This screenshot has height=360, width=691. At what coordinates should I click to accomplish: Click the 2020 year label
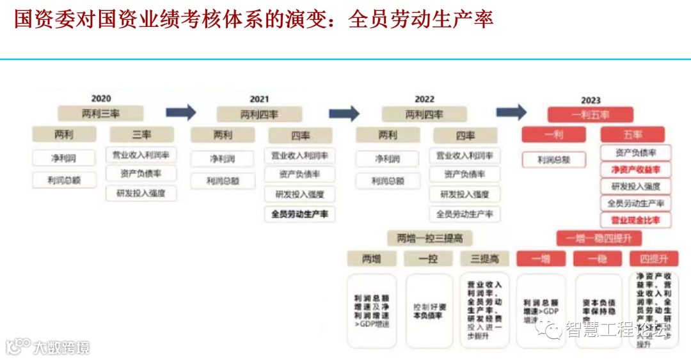(101, 98)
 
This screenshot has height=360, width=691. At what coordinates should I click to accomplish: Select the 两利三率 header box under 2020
(101, 113)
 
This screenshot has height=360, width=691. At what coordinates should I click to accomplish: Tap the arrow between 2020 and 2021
(181, 113)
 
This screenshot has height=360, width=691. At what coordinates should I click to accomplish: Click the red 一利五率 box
(590, 114)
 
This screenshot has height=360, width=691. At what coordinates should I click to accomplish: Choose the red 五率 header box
(632, 135)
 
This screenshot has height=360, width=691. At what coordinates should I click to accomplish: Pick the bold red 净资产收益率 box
(635, 169)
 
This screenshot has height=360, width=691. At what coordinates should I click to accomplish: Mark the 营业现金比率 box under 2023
(635, 219)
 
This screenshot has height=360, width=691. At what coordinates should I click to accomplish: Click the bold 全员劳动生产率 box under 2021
(299, 214)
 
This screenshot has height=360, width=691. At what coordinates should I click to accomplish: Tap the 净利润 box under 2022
(387, 159)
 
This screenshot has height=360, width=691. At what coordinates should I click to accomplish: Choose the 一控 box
(428, 258)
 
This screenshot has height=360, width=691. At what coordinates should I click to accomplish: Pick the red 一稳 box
(598, 258)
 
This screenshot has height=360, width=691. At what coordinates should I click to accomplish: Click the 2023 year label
(591, 100)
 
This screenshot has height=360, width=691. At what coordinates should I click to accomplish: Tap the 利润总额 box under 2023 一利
(553, 159)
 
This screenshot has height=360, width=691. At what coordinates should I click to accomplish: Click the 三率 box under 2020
(141, 135)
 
